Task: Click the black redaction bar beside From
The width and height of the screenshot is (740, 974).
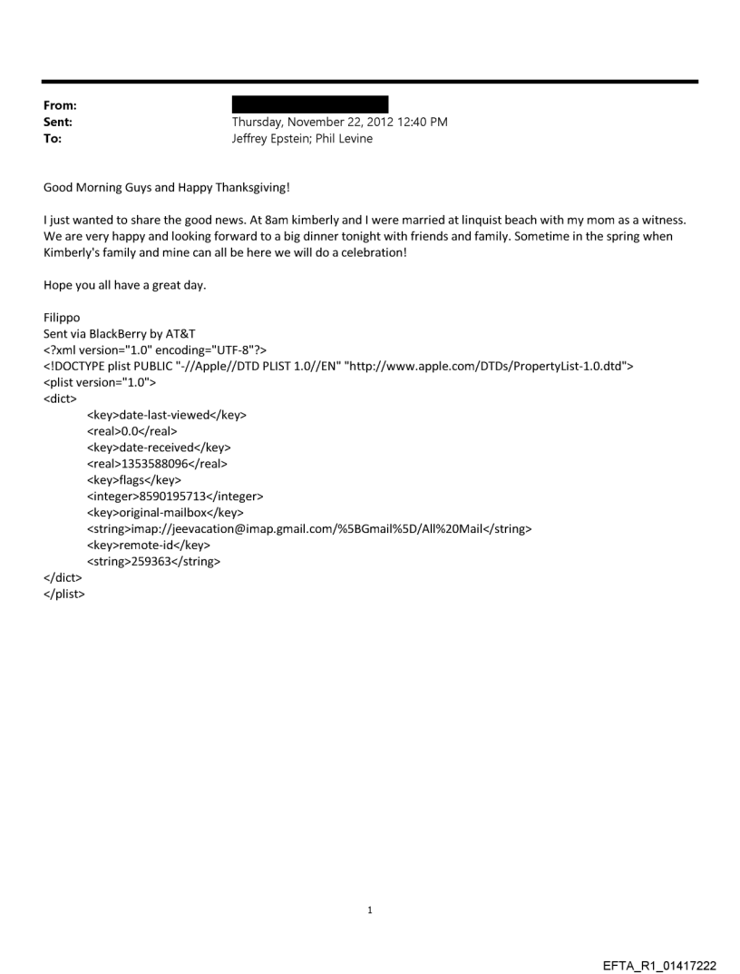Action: click(x=310, y=104)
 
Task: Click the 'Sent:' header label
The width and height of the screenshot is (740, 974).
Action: click(x=57, y=122)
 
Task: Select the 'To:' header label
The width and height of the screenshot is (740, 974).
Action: click(x=53, y=139)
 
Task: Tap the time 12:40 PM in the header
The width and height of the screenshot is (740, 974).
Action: click(x=422, y=122)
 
